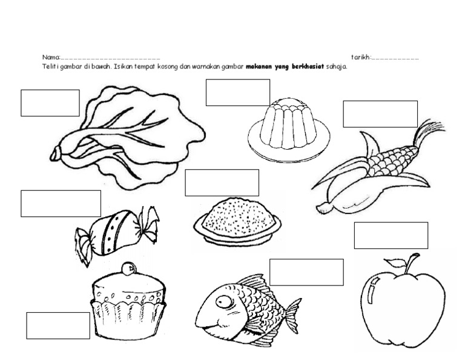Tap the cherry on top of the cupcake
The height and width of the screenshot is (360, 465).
coord(128,268)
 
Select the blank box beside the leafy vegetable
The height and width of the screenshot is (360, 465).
coord(50,103)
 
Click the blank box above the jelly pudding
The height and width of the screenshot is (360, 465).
coord(237,93)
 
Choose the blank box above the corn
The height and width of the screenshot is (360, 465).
coord(380,114)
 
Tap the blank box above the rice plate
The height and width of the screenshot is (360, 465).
coord(222,182)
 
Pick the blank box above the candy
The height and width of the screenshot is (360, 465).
coord(61,203)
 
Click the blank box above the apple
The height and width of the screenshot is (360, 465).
coord(391,235)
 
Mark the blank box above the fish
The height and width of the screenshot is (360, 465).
coord(306,272)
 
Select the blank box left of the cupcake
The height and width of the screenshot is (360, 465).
coord(58,325)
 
